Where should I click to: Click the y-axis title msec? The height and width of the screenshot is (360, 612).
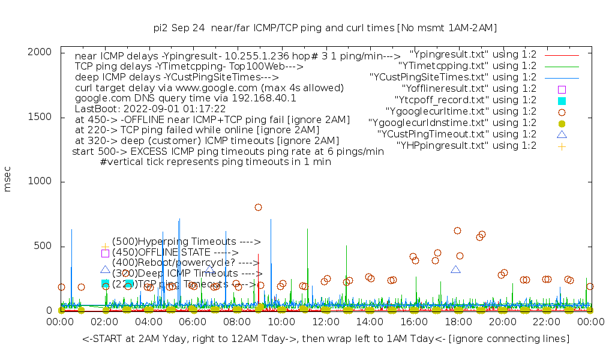click(x=8, y=181)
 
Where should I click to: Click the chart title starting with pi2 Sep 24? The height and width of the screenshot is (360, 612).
click(x=325, y=28)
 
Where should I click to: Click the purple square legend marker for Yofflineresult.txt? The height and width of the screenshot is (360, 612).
click(x=562, y=89)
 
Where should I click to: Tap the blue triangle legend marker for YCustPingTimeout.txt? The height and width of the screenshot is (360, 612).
click(x=562, y=134)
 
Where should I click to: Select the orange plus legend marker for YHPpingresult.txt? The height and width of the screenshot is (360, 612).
click(x=562, y=146)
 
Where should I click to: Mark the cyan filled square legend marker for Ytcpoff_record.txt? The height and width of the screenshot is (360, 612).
click(x=562, y=101)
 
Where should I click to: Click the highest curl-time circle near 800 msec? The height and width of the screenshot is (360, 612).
click(x=258, y=208)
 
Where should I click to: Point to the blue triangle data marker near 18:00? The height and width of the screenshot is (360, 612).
click(x=456, y=270)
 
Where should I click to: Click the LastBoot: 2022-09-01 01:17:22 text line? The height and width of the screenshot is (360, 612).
click(x=150, y=109)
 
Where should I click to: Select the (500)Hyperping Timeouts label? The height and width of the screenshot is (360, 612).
click(x=186, y=242)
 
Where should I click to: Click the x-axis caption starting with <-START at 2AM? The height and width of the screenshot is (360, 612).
click(x=326, y=339)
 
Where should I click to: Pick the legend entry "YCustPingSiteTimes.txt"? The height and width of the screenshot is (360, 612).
click(x=454, y=77)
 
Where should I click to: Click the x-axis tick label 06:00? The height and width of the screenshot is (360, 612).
click(x=193, y=322)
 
